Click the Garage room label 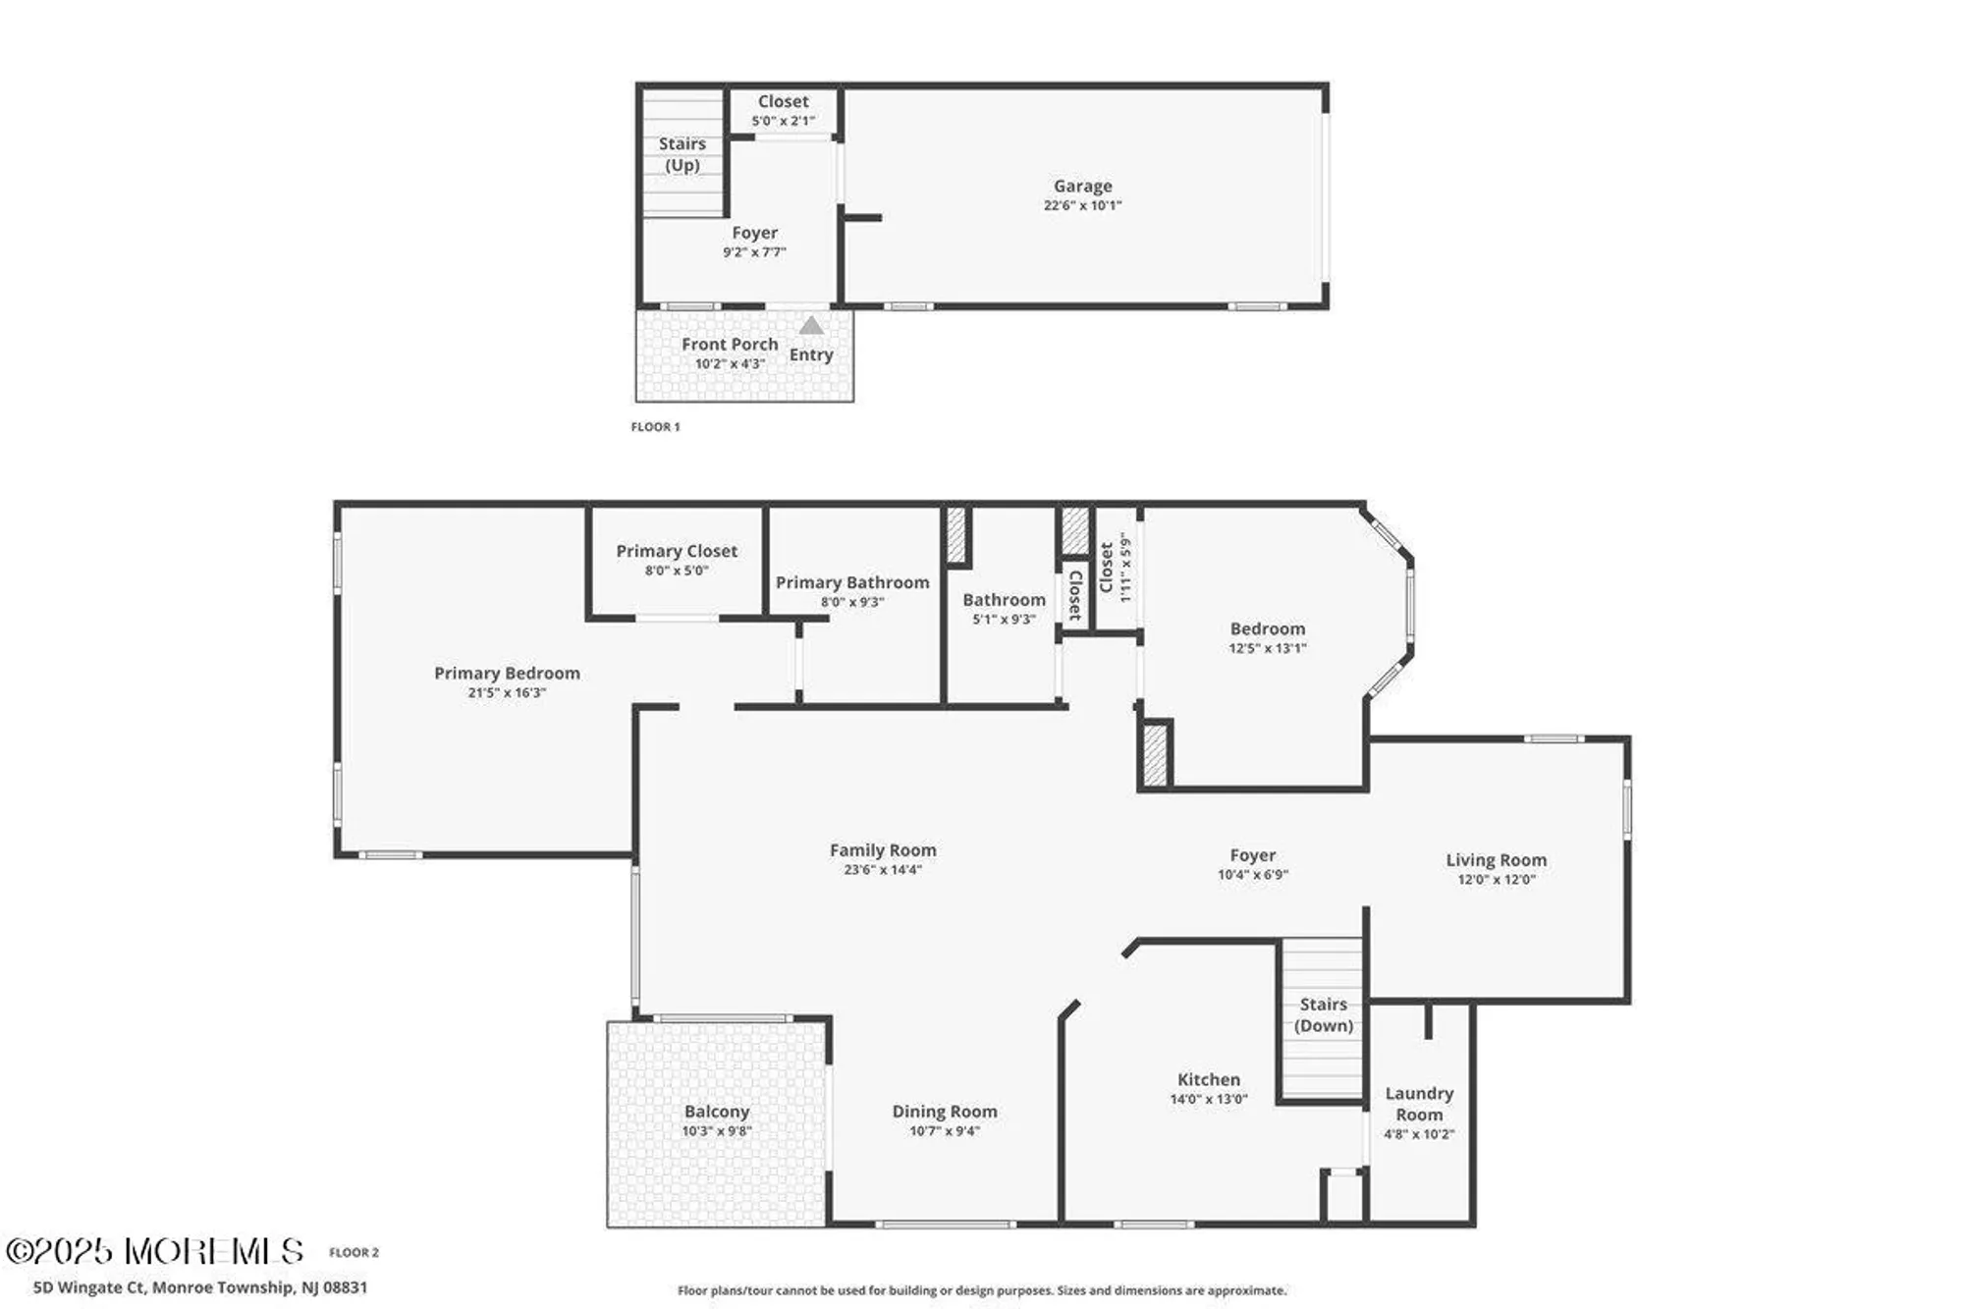1082,186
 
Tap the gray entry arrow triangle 811,325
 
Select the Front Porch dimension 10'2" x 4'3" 730,364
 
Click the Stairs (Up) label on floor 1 682,154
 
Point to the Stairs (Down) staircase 1323,1016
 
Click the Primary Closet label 677,551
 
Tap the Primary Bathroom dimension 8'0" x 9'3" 852,602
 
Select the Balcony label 717,1112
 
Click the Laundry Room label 1419,1104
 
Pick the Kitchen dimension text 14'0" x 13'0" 1208,1099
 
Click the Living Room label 1496,859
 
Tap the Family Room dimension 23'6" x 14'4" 882,869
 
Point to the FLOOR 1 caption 655,426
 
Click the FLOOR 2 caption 354,1252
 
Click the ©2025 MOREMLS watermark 154,1251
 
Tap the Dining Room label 944,1111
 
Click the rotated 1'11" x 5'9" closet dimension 1126,568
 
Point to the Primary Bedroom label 507,673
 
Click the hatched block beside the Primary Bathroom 955,535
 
